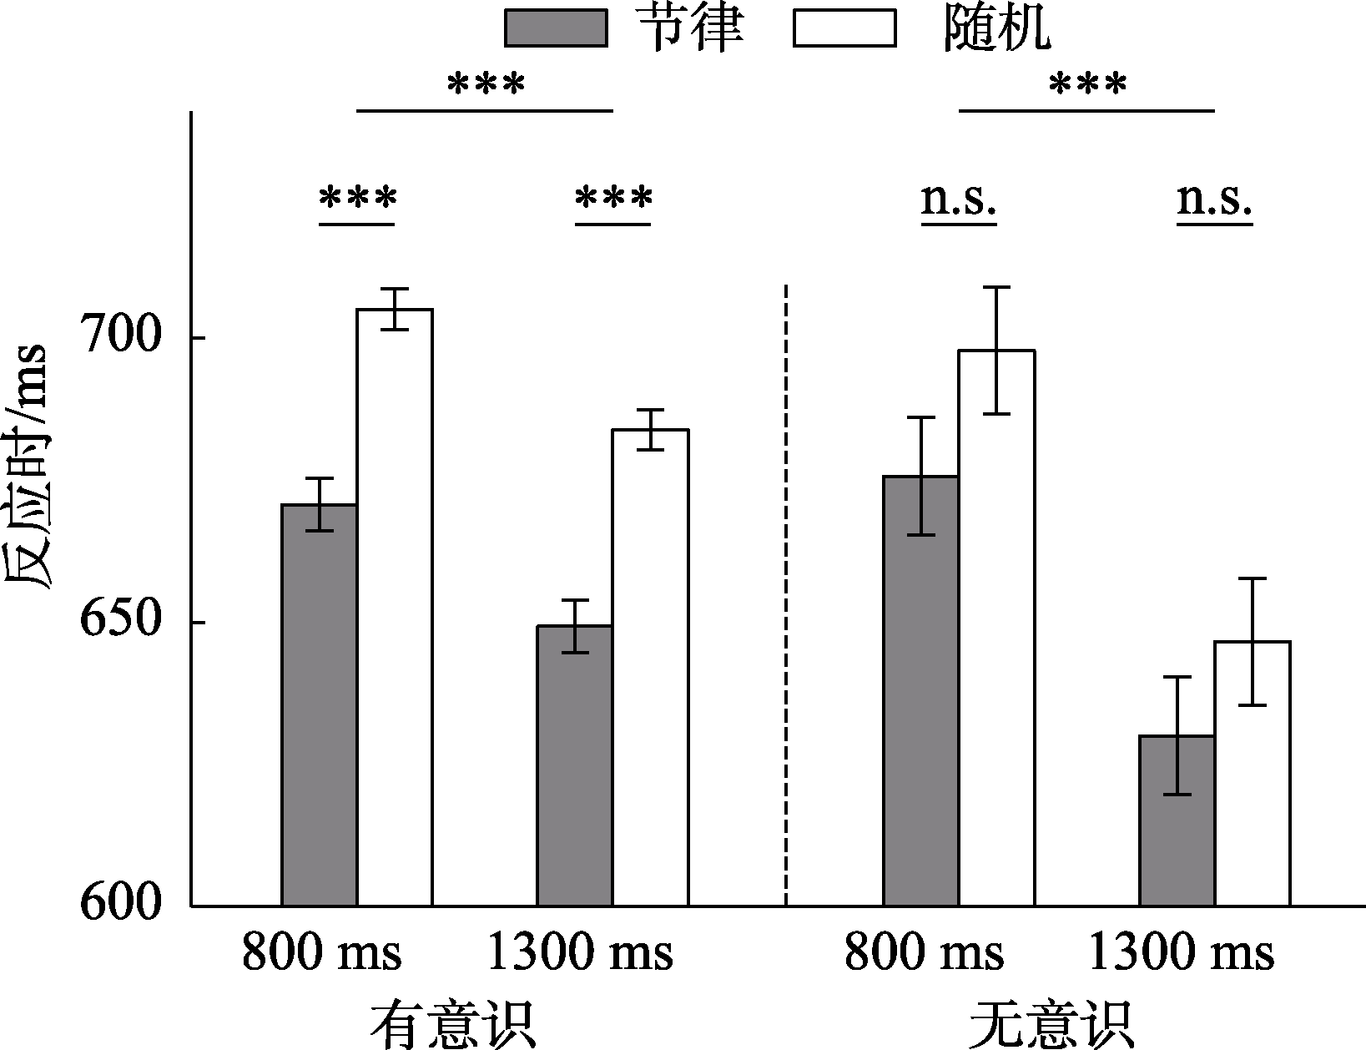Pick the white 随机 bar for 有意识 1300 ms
pos(650,668)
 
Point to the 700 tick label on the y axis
pos(118,337)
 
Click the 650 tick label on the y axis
pos(118,622)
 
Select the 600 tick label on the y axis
pos(118,905)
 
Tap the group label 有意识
pos(452,1023)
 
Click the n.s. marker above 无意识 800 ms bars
pos(959,200)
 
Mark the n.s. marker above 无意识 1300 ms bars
pos(1214,200)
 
